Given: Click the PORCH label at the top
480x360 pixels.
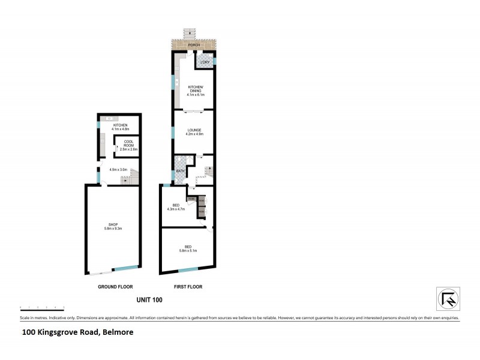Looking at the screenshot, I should click(x=193, y=46).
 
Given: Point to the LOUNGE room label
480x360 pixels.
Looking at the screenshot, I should click(x=193, y=130).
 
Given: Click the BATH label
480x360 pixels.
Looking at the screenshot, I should click(x=179, y=171).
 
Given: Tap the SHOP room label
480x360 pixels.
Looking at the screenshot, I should click(x=113, y=224).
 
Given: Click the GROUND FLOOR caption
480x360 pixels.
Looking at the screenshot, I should click(x=115, y=287).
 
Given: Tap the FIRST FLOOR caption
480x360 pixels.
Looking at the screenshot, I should click(x=188, y=287).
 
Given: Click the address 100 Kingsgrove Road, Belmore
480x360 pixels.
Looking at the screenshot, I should click(x=78, y=332).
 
